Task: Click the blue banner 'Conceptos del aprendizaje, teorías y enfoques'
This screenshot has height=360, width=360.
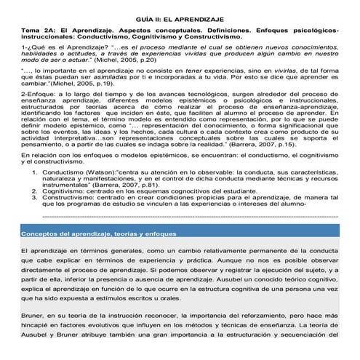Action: pyautogui.click(x=97, y=255)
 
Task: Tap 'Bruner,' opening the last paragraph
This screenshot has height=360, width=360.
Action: pyautogui.click(x=35, y=318)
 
